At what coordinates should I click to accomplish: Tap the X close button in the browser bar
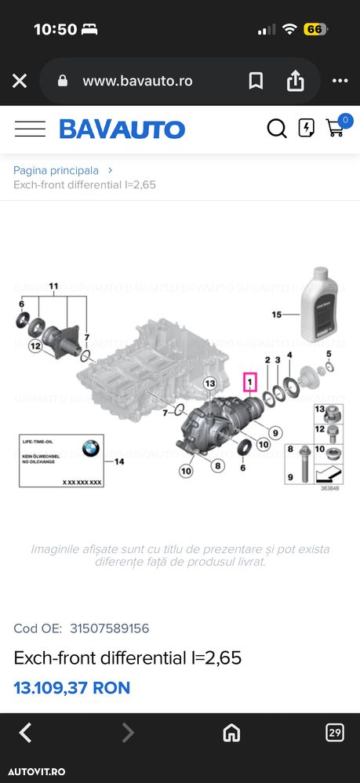tap(20, 81)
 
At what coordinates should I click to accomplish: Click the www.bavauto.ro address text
tap(137, 81)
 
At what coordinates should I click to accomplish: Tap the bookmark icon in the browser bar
tap(256, 81)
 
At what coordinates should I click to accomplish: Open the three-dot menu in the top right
tap(340, 81)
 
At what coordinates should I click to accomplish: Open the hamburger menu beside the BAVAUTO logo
tap(30, 129)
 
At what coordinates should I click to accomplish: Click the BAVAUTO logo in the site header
tap(122, 129)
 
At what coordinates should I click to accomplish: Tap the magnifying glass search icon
tap(277, 129)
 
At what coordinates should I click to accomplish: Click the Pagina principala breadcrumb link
tap(56, 169)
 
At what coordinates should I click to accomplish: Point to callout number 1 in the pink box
tap(250, 383)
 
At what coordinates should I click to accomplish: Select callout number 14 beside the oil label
tap(119, 461)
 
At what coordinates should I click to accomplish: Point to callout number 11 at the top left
tap(53, 286)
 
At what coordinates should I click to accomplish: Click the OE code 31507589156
tap(109, 628)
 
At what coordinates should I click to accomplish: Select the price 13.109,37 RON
tap(72, 688)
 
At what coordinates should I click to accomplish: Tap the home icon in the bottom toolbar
tap(231, 733)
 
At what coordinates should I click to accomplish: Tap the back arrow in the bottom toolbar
tap(25, 733)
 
